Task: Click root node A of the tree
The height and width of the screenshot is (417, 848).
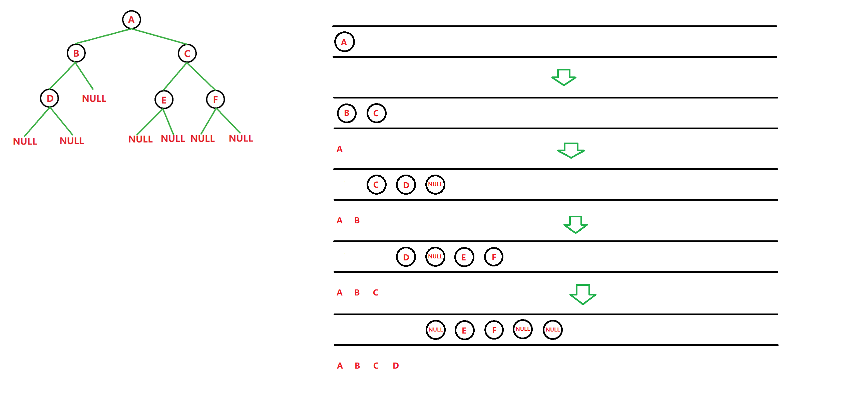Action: (x=131, y=20)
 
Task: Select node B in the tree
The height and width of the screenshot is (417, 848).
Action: (x=76, y=53)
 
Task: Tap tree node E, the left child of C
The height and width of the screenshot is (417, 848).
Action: (x=164, y=100)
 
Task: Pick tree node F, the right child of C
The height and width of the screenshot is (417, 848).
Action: (x=216, y=99)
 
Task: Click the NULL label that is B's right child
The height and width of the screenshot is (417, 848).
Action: (x=94, y=99)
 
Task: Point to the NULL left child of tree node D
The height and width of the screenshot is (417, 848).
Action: (x=25, y=142)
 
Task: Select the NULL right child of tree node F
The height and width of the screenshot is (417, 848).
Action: (x=241, y=139)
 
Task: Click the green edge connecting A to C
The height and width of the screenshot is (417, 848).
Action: (x=159, y=36)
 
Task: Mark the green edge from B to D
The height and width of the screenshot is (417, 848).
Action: (x=62, y=75)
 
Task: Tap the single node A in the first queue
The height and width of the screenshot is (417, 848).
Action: (x=344, y=42)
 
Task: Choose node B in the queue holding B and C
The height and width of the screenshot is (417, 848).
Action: (x=347, y=113)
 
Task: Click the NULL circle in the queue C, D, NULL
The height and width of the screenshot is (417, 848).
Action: (x=435, y=185)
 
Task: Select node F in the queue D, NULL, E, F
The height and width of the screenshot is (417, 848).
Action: (x=494, y=257)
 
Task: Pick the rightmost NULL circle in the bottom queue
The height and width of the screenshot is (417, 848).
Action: (x=552, y=330)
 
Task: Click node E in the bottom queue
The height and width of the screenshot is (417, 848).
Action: (x=464, y=331)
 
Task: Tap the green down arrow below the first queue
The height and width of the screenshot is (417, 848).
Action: (x=564, y=77)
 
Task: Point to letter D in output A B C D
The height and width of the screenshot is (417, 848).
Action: (x=396, y=366)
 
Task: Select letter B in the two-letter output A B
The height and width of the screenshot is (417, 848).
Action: (x=357, y=221)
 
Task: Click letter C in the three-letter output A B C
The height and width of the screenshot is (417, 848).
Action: (x=376, y=293)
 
